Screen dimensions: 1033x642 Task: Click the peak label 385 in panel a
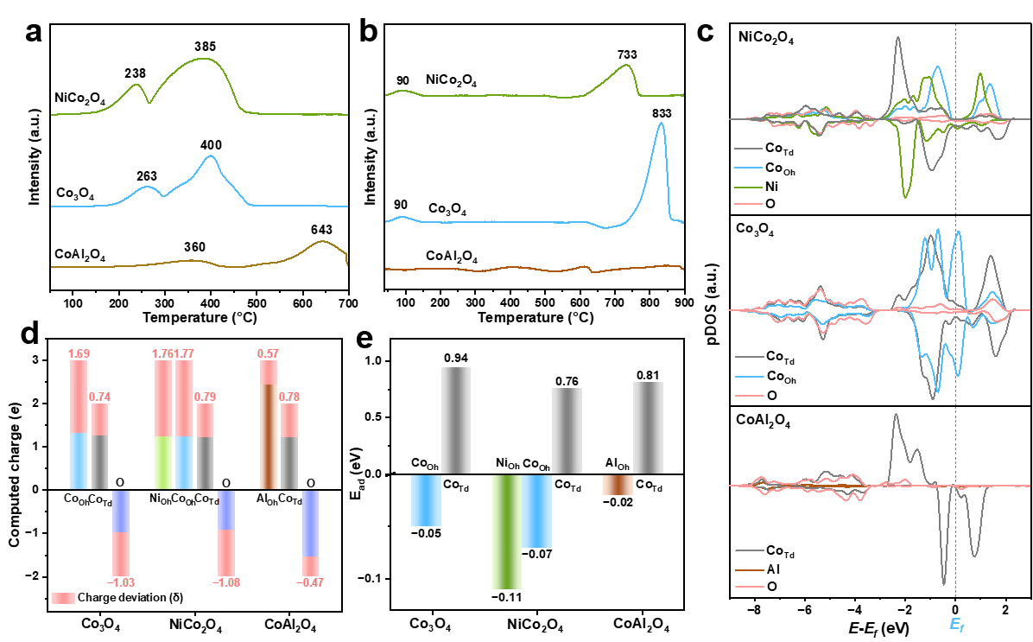click(x=205, y=47)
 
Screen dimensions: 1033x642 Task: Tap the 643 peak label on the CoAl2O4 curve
click(x=321, y=230)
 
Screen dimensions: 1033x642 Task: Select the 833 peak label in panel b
click(x=662, y=113)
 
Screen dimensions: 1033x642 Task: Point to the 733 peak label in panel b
click(x=627, y=54)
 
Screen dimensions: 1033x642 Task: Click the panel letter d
click(x=30, y=334)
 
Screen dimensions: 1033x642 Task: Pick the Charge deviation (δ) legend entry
click(x=118, y=598)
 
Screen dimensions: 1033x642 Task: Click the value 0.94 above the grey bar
click(x=456, y=358)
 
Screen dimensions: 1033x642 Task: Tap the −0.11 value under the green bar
click(x=507, y=597)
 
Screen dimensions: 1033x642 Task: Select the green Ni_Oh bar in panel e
click(x=507, y=531)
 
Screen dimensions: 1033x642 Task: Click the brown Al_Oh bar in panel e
click(x=618, y=485)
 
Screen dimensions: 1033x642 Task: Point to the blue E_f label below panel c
click(x=957, y=625)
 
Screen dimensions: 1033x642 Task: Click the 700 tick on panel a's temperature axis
click(x=348, y=303)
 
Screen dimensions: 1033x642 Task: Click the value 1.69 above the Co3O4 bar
click(x=79, y=354)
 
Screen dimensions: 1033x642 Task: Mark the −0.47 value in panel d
click(x=309, y=582)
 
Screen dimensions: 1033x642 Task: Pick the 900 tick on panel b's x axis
click(x=685, y=302)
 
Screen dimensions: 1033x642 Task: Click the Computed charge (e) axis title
click(x=15, y=477)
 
